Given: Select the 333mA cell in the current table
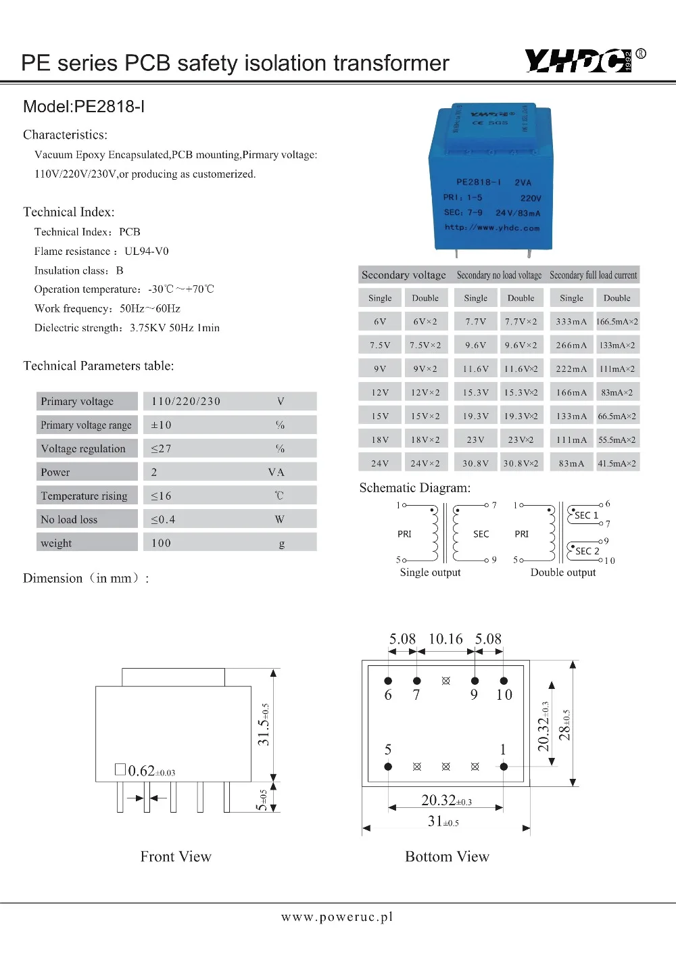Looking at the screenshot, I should click(x=571, y=322).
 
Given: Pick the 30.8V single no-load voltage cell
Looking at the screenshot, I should click(x=475, y=464).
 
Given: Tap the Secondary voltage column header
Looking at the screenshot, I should click(x=404, y=275).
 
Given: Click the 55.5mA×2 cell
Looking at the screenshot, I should click(x=617, y=440).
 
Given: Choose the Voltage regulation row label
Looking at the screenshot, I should click(x=83, y=449).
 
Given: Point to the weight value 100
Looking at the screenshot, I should click(x=161, y=544).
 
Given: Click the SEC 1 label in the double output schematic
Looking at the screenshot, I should click(x=586, y=515).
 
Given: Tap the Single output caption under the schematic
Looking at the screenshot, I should click(x=430, y=573).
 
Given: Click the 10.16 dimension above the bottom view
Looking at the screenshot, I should click(x=445, y=639).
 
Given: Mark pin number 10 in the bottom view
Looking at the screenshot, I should click(x=504, y=695).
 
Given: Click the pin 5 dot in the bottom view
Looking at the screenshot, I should click(x=388, y=767).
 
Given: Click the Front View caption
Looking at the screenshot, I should click(x=176, y=857).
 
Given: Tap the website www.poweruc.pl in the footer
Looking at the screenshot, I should click(x=337, y=917).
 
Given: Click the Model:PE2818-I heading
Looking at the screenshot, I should click(x=84, y=107).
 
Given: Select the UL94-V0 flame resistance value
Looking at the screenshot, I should click(x=147, y=252).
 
